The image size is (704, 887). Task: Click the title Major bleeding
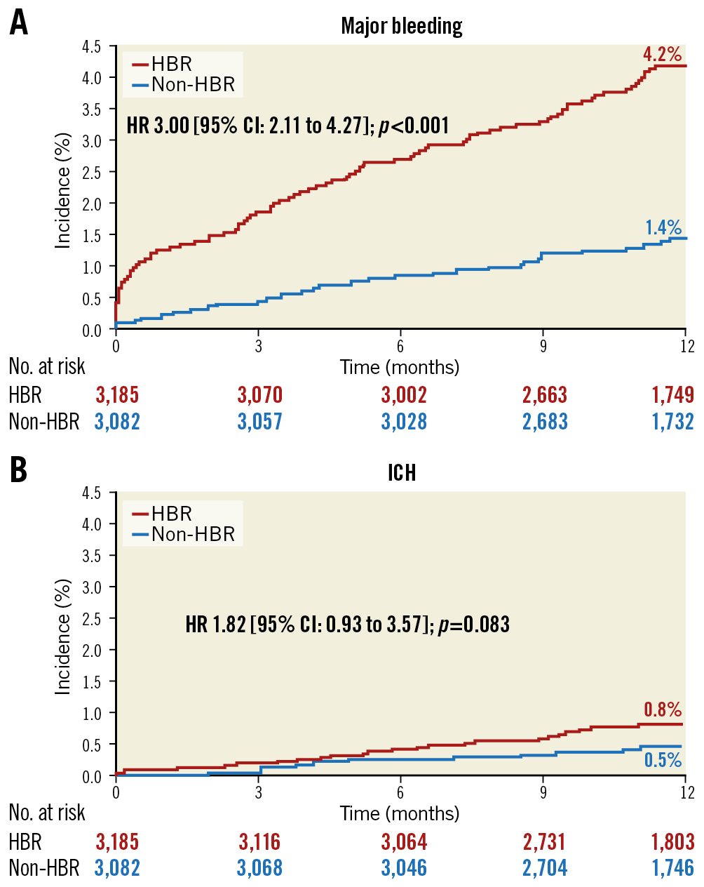(x=401, y=26)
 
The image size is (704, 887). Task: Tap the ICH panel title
(x=401, y=473)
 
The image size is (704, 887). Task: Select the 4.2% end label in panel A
(x=662, y=54)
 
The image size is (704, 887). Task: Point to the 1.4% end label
(x=663, y=227)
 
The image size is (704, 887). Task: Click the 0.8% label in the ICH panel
(x=663, y=709)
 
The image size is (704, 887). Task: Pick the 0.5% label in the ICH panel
(x=663, y=760)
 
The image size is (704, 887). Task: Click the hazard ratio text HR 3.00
(x=158, y=126)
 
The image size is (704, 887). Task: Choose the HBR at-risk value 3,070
(x=259, y=395)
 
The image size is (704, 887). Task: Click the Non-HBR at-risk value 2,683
(x=545, y=422)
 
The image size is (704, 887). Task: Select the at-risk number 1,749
(x=672, y=395)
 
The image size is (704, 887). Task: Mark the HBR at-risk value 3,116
(x=259, y=841)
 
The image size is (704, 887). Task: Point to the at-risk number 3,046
(x=404, y=868)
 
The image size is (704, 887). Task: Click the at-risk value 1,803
(x=672, y=841)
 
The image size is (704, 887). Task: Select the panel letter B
(x=19, y=470)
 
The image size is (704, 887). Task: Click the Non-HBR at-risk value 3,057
(x=259, y=422)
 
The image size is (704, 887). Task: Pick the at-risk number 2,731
(x=545, y=841)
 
